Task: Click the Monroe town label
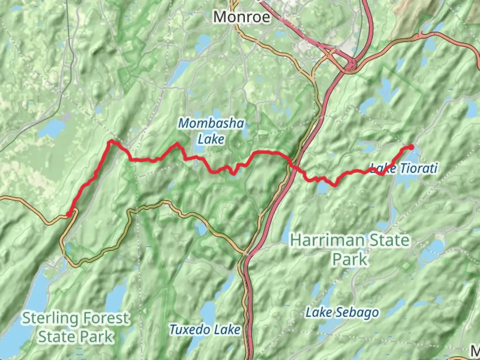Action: coord(242,17)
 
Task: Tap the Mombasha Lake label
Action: coord(211,131)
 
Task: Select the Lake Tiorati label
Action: coord(404,168)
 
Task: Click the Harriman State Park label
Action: coord(350,249)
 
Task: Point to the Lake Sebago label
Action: coord(342,312)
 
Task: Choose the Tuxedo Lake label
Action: coord(205,330)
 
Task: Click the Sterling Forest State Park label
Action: coord(76,327)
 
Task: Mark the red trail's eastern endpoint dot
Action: coord(411,147)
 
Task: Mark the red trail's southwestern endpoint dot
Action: coord(69,214)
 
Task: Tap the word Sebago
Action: coord(357,312)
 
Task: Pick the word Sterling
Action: coord(50,318)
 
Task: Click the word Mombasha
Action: coord(211,123)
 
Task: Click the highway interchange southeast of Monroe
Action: coord(351,65)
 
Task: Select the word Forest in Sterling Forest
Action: coord(107,318)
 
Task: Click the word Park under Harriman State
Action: coord(350,259)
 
